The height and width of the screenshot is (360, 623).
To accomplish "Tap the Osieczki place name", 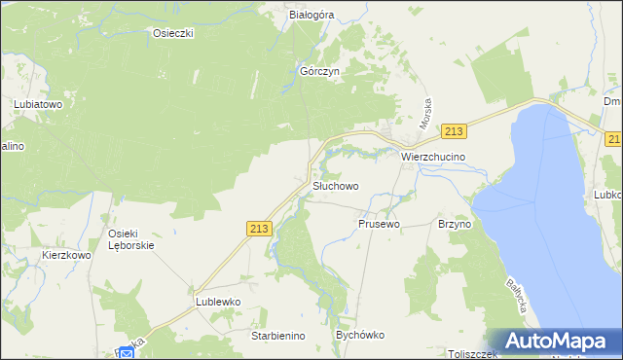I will pos(174,33).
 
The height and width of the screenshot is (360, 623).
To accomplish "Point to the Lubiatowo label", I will pos(38,102).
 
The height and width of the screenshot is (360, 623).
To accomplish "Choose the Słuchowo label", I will pos(336,185).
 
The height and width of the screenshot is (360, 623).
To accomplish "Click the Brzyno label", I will pos(455,224).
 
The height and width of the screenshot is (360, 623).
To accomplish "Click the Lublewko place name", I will pos(217,302).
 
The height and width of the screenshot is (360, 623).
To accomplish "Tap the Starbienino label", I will pos(278,336).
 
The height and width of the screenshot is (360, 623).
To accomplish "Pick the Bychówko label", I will pos(359,335).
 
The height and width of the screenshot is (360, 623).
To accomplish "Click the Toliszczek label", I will pos(473,354).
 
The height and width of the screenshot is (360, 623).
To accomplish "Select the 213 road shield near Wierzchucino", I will pos(454,131).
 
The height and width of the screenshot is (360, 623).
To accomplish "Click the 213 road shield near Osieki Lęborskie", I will pos(258,229).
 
